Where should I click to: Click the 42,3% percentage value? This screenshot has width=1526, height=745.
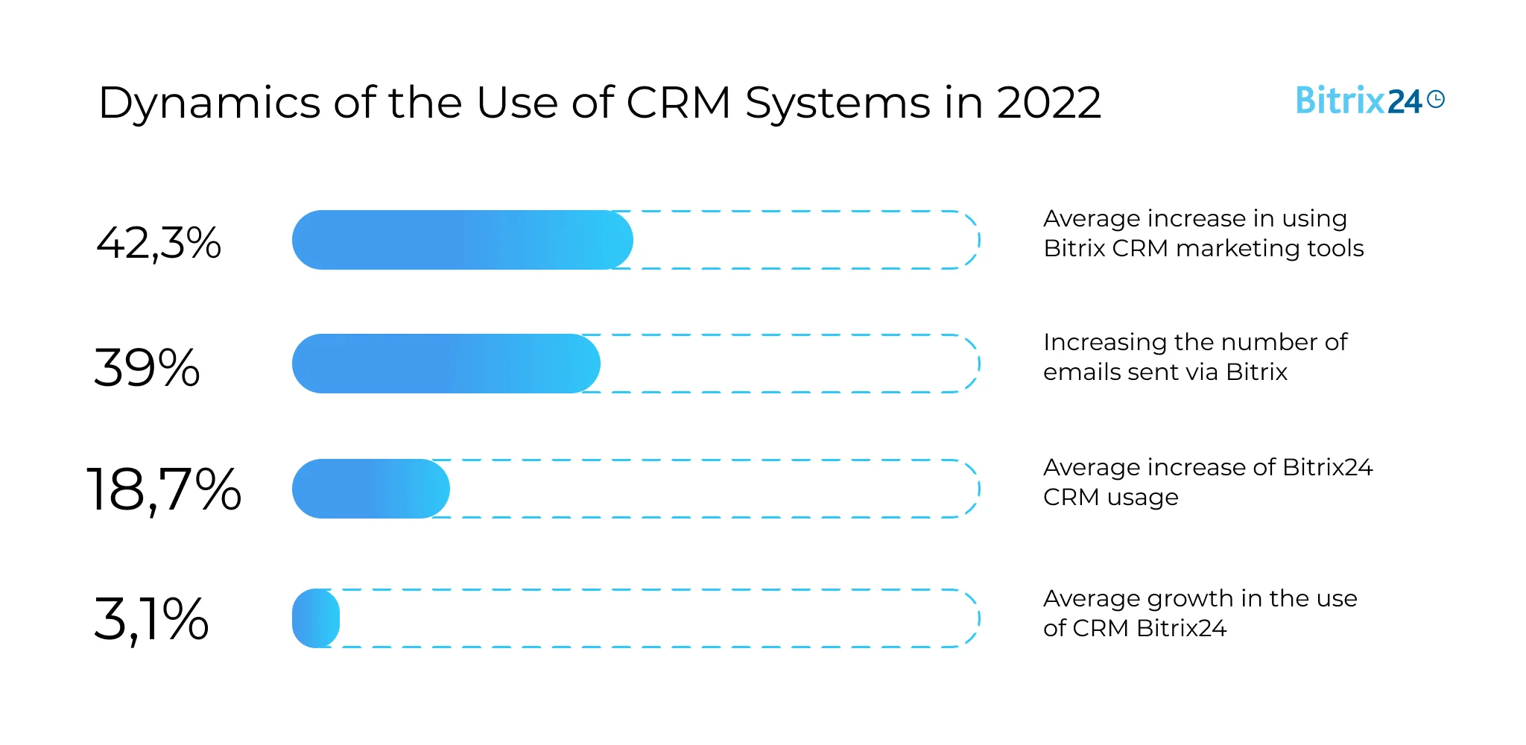[159, 243]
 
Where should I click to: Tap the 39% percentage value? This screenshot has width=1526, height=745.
[147, 367]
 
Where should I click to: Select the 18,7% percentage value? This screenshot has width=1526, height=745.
[164, 489]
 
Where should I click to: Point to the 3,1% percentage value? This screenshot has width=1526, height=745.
[151, 619]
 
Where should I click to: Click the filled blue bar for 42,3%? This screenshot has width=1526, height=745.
[462, 240]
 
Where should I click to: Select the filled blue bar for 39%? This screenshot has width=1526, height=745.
[446, 364]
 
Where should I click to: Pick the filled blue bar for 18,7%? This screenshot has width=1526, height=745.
[370, 489]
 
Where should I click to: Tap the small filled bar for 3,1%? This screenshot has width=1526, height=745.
[316, 618]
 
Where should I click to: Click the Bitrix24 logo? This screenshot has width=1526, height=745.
[1359, 101]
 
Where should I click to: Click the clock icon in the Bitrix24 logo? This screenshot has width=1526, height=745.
[1436, 99]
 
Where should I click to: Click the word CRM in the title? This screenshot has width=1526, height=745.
[678, 102]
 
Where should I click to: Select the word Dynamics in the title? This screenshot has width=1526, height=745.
[209, 104]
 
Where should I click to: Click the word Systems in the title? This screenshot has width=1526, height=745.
[838, 104]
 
